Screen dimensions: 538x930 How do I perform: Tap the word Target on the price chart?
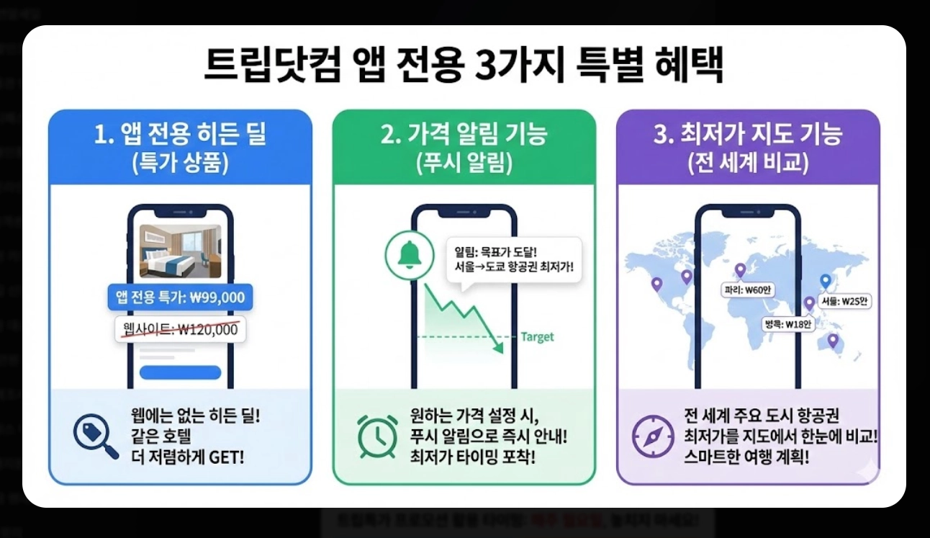coord(537,337)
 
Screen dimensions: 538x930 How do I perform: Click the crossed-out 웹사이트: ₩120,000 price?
coord(180,330)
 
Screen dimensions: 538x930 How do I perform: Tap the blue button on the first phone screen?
coord(180,372)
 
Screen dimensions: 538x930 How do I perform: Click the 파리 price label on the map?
coord(746,290)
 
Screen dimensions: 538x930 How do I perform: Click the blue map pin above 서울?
coord(826,282)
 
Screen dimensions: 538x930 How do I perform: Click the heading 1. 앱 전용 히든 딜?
coord(180,135)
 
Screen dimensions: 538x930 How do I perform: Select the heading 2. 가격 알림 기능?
coord(464,135)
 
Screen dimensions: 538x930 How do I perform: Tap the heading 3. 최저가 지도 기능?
coord(748,135)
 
